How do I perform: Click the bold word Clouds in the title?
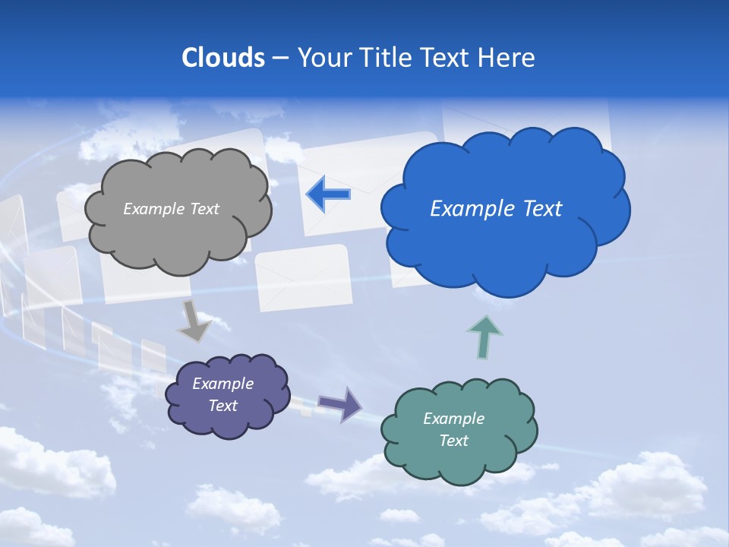[223, 58]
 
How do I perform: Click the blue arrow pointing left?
[328, 194]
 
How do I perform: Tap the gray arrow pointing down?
[195, 320]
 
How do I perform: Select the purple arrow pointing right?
[340, 403]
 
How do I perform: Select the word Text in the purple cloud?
[223, 406]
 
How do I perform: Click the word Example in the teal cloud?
[453, 419]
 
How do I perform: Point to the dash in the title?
[281, 58]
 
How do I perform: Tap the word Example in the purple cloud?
[223, 384]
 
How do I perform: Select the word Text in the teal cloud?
[453, 441]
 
